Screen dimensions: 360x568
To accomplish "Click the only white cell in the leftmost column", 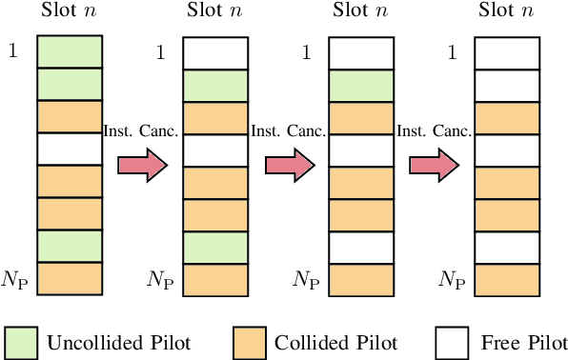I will [69, 149].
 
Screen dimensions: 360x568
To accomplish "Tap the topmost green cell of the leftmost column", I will [69, 51].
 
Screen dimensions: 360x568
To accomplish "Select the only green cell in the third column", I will [361, 85].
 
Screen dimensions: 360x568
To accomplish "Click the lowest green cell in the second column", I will [214, 247].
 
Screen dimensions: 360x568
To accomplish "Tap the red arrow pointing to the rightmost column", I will [435, 165].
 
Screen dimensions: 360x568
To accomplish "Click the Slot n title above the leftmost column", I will [69, 10].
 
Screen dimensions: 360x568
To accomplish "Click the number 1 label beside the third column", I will [306, 51].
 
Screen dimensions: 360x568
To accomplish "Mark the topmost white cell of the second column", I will [214, 51].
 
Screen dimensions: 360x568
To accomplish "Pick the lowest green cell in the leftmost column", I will [69, 246].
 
